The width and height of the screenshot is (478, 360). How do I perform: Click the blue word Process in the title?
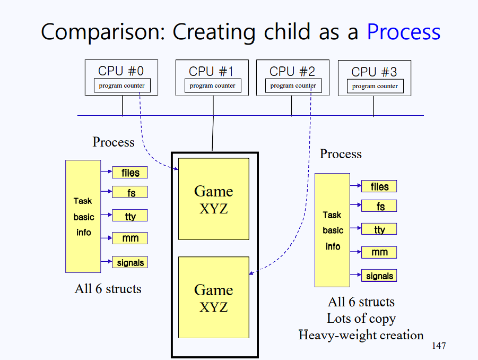[404, 32]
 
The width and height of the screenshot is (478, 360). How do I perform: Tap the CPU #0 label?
[121, 71]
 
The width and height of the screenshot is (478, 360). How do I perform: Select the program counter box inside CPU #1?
[213, 85]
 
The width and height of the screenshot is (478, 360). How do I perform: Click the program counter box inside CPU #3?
[375, 87]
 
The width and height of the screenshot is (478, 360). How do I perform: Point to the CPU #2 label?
[292, 72]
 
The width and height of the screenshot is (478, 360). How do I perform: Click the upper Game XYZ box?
[214, 199]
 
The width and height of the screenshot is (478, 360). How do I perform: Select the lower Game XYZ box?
[214, 297]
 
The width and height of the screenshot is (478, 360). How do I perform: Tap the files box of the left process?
[130, 173]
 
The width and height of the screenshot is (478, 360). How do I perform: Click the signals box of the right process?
[379, 276]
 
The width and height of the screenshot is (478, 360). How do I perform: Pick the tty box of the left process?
[130, 216]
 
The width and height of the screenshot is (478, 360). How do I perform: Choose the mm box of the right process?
[379, 252]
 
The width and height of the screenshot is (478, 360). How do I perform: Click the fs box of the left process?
[130, 192]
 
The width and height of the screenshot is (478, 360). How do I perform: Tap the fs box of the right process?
[379, 206]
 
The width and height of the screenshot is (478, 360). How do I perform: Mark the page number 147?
[439, 346]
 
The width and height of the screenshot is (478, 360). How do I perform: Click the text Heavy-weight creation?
[361, 335]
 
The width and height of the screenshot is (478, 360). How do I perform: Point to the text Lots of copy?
[361, 319]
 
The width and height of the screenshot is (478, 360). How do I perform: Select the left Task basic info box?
[83, 216]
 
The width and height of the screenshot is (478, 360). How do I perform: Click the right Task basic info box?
[332, 230]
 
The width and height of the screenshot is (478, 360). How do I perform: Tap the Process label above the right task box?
[341, 154]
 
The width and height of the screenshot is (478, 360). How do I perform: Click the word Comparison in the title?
[103, 32]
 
